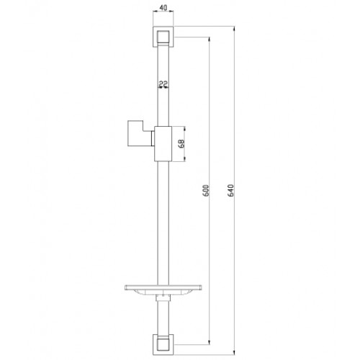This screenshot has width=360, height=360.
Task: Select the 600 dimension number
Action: pos(206,191)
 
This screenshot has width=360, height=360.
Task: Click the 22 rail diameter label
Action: pos(164,84)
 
